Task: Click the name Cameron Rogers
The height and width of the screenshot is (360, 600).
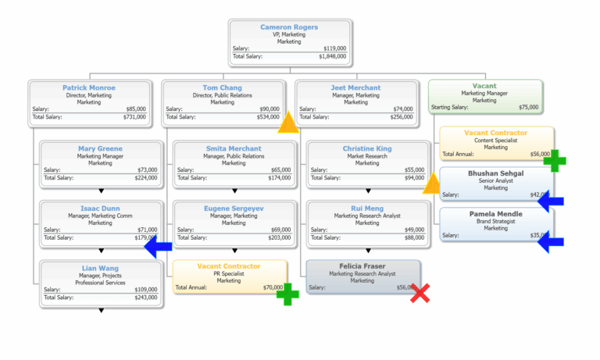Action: coord(289,27)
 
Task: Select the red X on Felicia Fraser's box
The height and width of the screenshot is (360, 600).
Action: coord(420,294)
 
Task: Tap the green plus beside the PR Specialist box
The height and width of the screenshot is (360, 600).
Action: coord(288,294)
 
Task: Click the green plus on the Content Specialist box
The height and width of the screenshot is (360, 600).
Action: coord(555,161)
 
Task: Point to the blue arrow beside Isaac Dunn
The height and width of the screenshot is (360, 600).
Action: coord(159,247)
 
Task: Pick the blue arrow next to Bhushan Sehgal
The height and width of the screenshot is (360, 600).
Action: coord(551,201)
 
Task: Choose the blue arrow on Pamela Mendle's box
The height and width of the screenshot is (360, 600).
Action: coord(551,242)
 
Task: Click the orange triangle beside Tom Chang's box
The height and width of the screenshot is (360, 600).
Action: coord(289,122)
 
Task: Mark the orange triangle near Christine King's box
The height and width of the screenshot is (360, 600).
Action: coord(433,184)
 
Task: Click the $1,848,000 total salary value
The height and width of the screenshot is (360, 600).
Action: coord(332,56)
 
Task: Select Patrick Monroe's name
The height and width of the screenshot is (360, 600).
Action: coord(89,87)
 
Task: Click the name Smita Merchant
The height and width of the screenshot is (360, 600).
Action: coord(234,148)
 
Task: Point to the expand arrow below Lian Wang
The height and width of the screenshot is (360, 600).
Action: coord(101,310)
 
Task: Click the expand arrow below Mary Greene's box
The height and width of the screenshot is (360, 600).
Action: coord(101,191)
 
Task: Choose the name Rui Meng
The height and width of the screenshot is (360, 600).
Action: coord(367,208)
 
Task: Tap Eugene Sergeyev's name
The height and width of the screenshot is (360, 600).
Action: coord(234,208)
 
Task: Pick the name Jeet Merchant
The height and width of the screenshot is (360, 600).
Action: coord(355,87)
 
